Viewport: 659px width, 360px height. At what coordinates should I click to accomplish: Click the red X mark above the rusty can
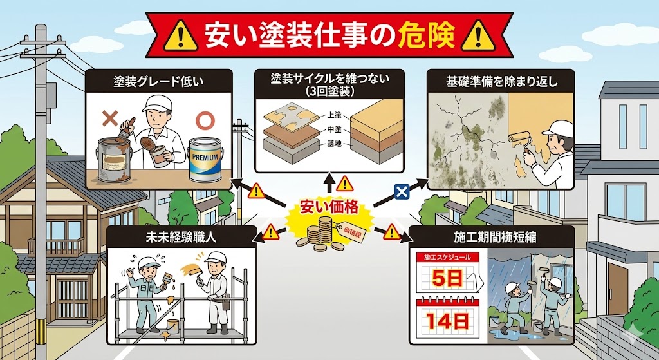click(111, 118)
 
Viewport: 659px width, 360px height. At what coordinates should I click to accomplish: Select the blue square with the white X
click(402, 191)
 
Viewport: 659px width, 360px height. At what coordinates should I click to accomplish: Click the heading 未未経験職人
click(181, 238)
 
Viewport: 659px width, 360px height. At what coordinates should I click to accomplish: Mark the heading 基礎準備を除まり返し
click(501, 82)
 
